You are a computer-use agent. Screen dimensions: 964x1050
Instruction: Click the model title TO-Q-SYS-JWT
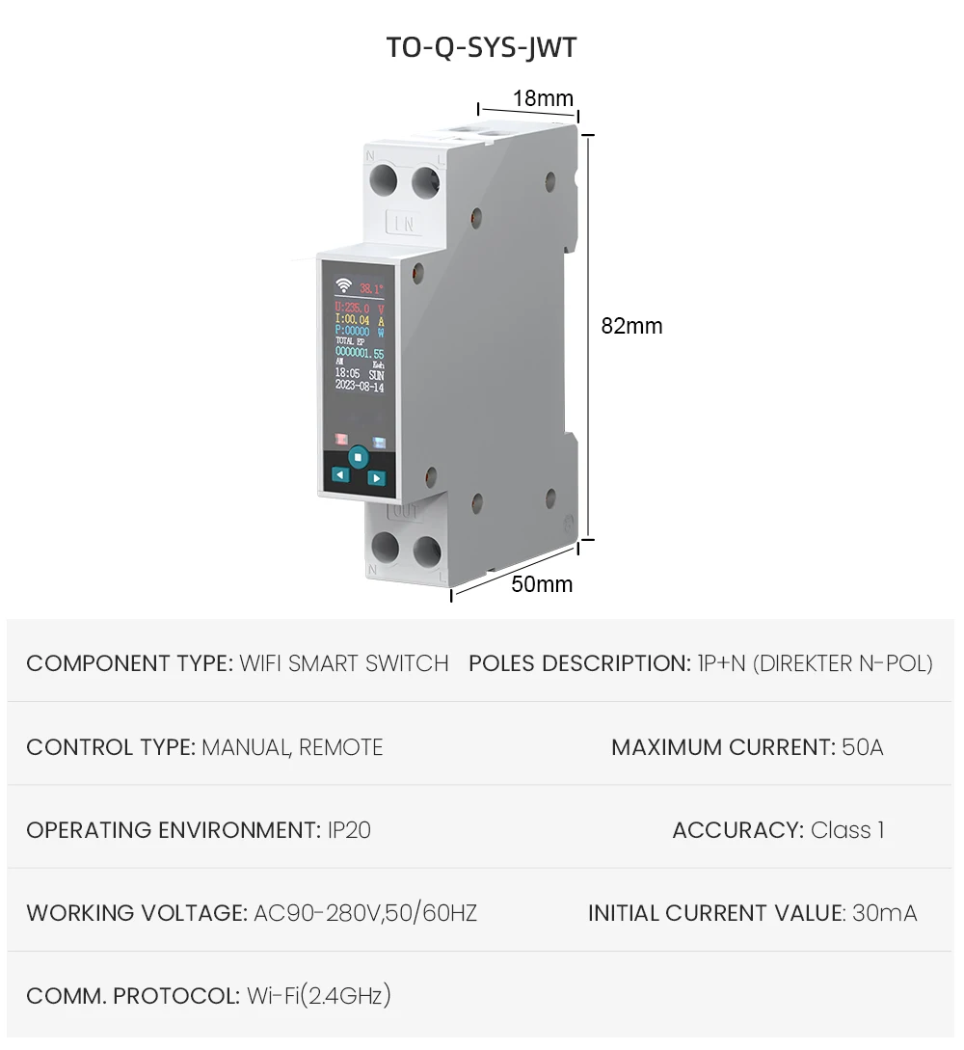(481, 47)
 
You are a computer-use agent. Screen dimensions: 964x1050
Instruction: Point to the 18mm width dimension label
(542, 98)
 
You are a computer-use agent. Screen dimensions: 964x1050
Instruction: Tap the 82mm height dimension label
(631, 326)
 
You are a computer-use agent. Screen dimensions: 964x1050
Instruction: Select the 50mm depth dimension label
(542, 584)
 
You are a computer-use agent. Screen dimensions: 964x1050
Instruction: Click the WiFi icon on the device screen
(343, 285)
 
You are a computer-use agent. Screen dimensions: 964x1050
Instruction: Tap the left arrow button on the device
(339, 474)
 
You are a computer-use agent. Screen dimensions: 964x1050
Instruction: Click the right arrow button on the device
(376, 477)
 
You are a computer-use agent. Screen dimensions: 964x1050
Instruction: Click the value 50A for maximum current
(862, 747)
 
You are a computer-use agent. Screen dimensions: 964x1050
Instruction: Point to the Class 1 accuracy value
(847, 830)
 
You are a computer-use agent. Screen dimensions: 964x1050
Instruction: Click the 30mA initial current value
(885, 913)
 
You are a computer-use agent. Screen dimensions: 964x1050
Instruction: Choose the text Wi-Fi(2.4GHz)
(319, 996)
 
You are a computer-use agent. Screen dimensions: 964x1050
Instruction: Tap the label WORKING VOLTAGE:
(136, 913)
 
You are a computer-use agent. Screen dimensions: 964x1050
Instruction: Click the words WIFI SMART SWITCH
(344, 663)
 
